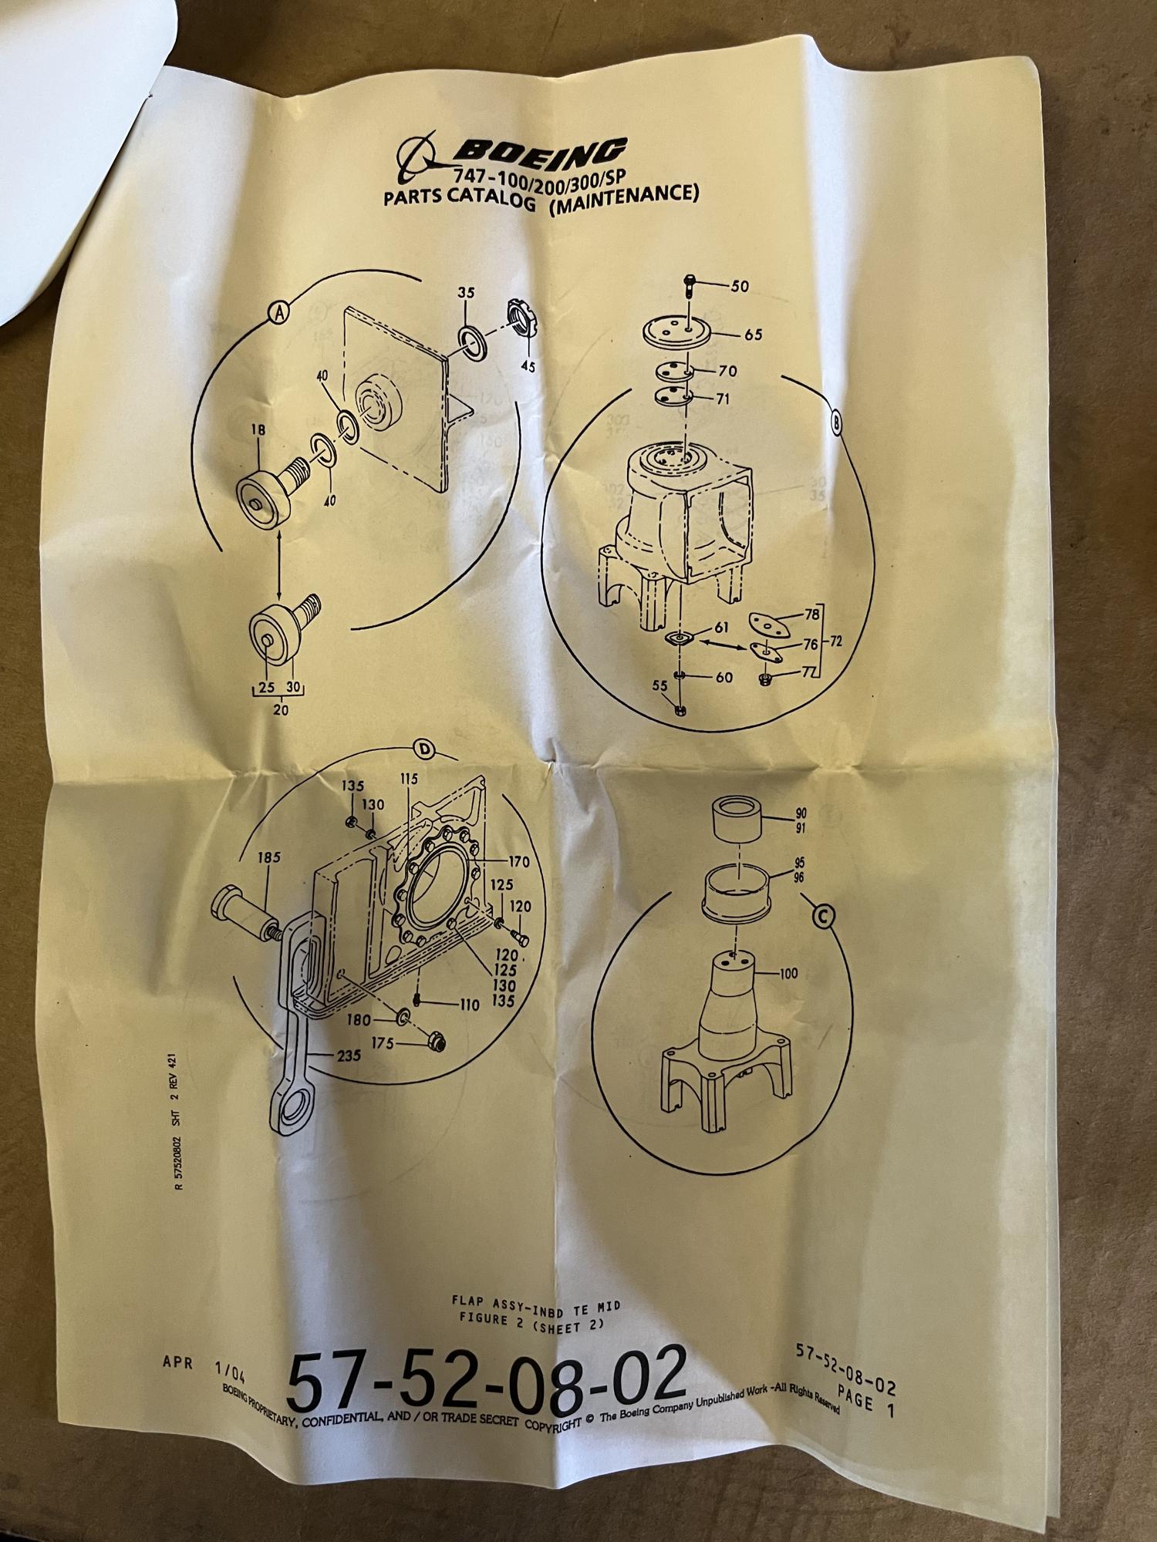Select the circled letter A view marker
(278, 311)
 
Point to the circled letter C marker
(824, 916)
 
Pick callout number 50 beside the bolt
(739, 286)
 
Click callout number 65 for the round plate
(754, 335)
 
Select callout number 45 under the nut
(528, 367)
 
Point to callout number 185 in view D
(271, 857)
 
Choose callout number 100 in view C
(788, 974)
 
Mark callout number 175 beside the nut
(383, 1043)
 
